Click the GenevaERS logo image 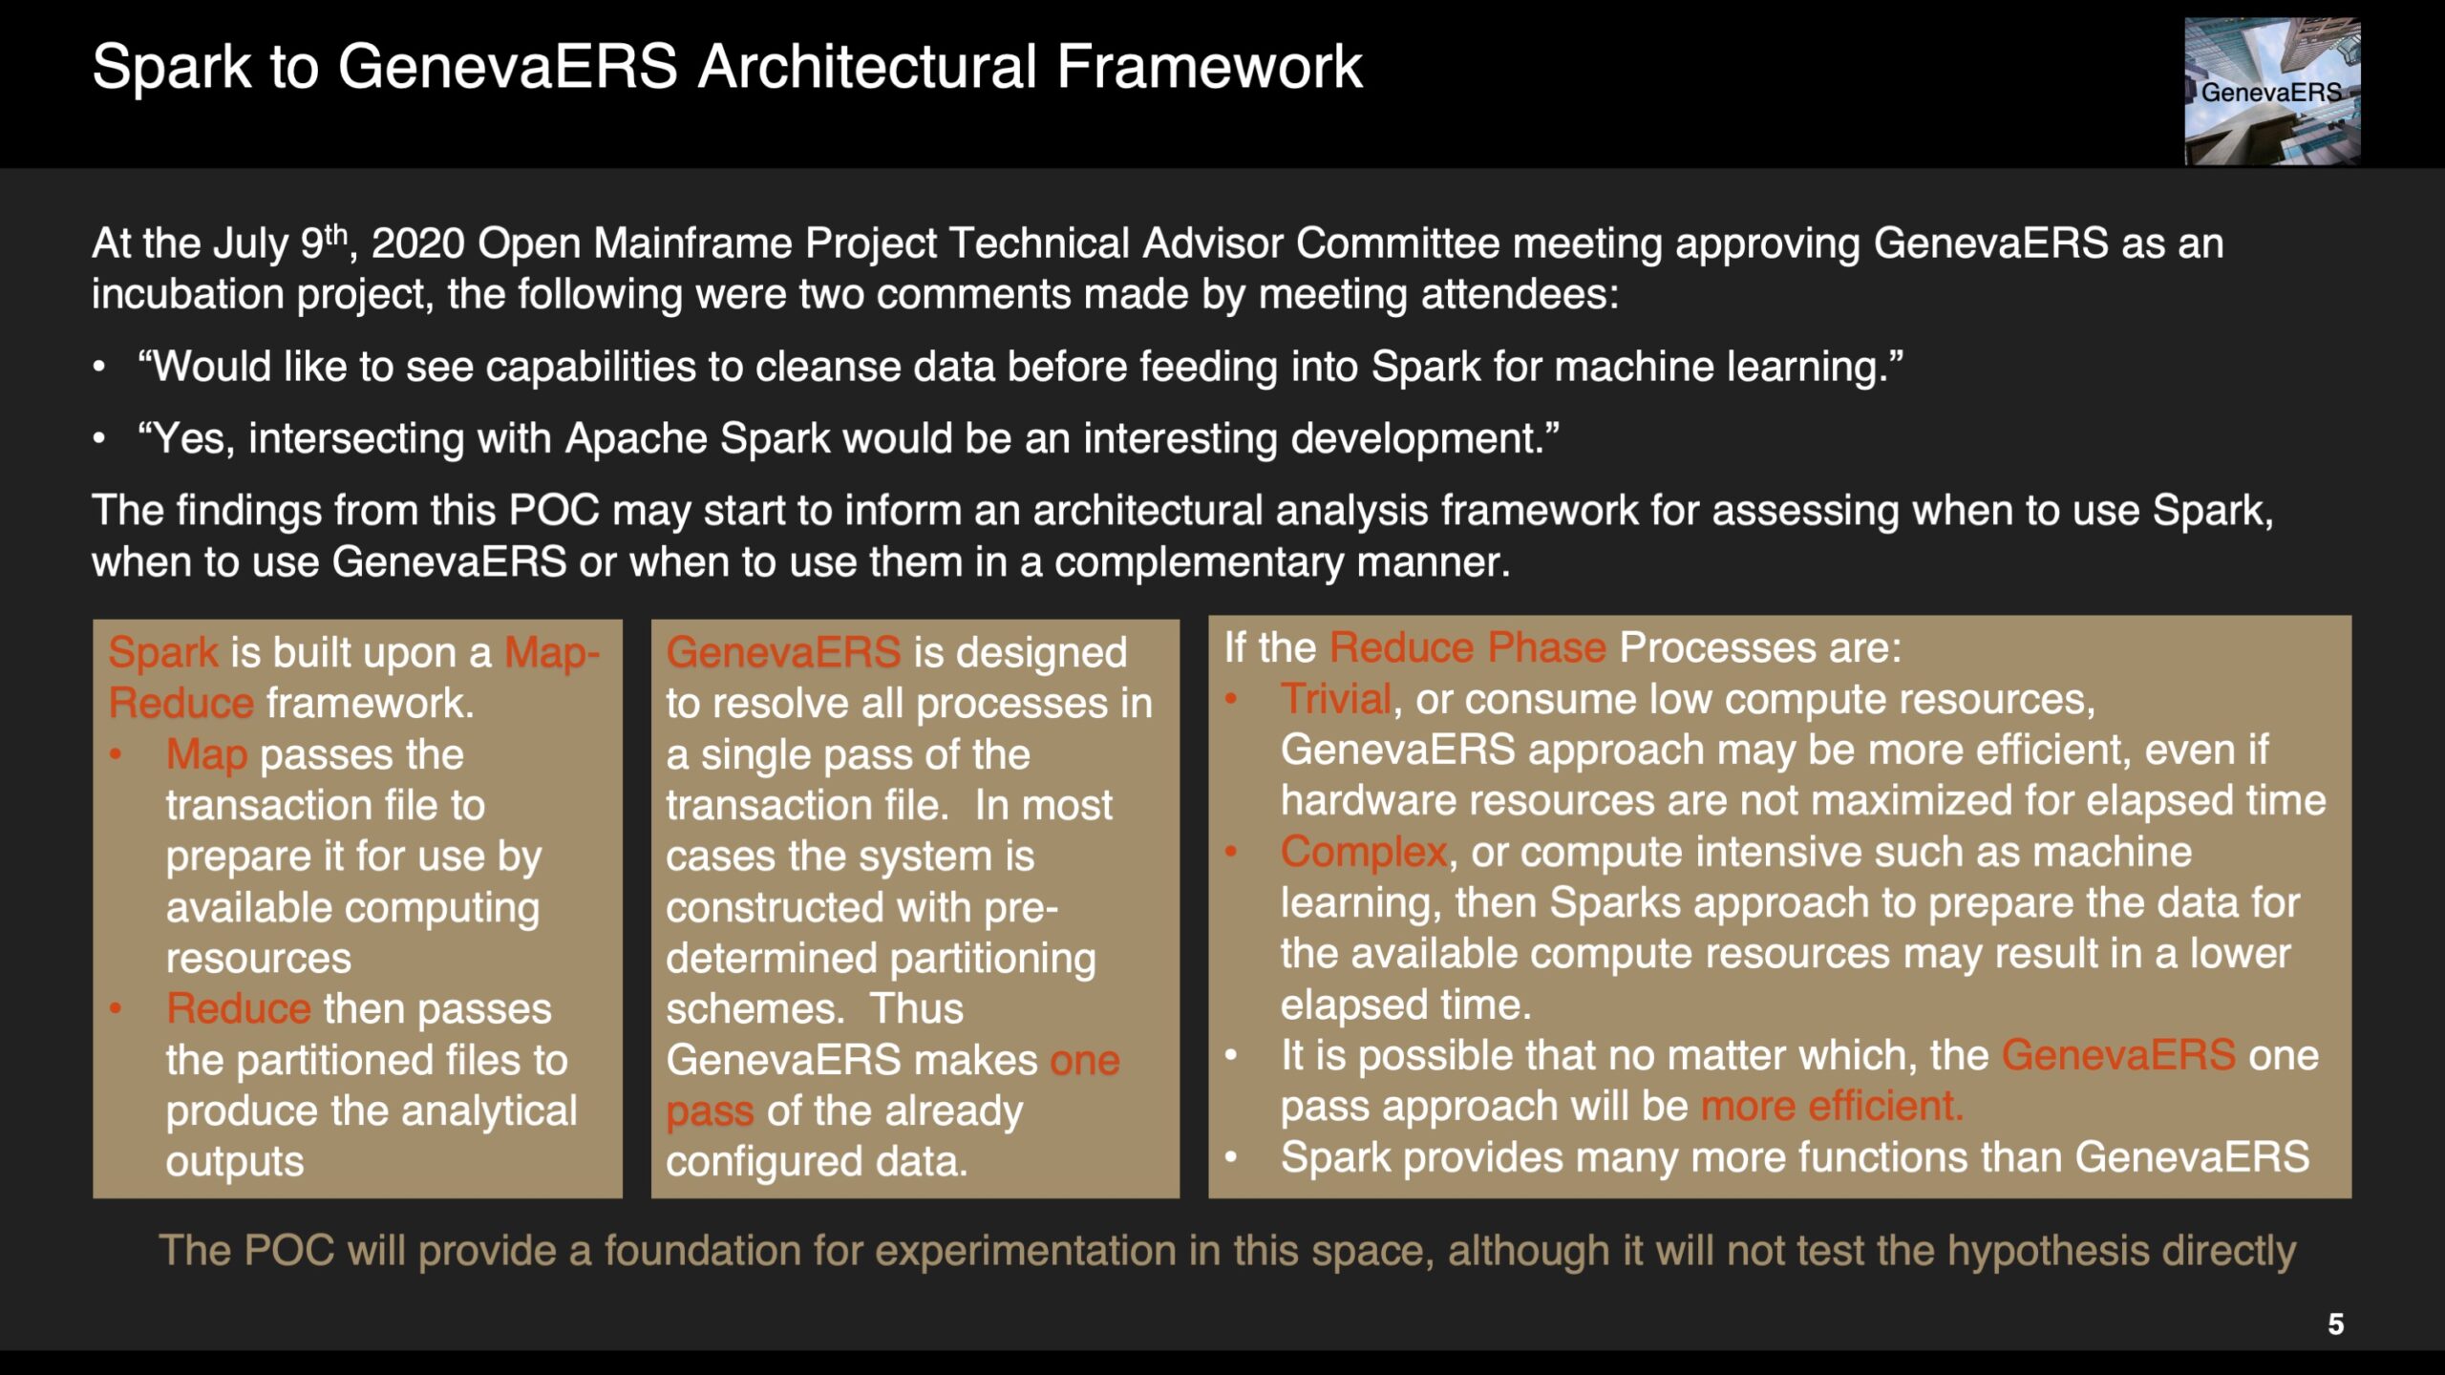2272,91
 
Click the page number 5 2335,1324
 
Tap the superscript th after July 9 335,233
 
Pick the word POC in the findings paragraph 554,511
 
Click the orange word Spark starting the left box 163,654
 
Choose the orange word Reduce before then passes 239,1009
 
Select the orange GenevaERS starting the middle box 783,653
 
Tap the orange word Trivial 1335,699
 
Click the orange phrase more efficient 1832,1107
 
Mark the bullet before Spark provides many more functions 1231,1158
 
